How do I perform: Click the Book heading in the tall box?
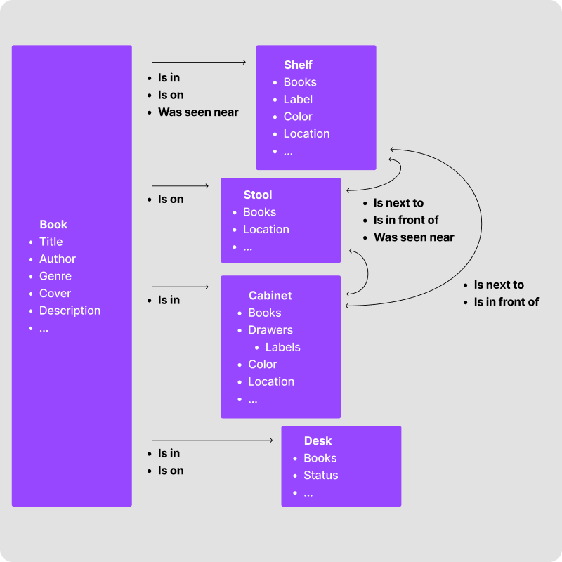click(53, 225)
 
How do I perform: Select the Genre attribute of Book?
click(55, 276)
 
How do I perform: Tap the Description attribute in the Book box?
click(70, 311)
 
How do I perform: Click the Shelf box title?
click(298, 65)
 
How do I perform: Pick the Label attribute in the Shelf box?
click(298, 100)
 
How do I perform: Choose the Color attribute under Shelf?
click(298, 117)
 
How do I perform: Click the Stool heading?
click(257, 195)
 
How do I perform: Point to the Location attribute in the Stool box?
click(266, 230)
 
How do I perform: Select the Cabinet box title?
click(270, 296)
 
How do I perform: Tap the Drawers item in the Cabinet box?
click(270, 330)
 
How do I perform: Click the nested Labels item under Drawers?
click(282, 347)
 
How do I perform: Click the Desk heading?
click(318, 441)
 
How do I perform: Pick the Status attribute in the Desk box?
click(320, 476)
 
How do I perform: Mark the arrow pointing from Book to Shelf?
click(199, 63)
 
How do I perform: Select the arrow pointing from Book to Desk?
click(212, 440)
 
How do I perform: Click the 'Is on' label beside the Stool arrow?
click(171, 200)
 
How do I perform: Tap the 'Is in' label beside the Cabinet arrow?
click(169, 300)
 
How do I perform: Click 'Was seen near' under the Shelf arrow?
click(198, 112)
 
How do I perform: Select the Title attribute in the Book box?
click(51, 242)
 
